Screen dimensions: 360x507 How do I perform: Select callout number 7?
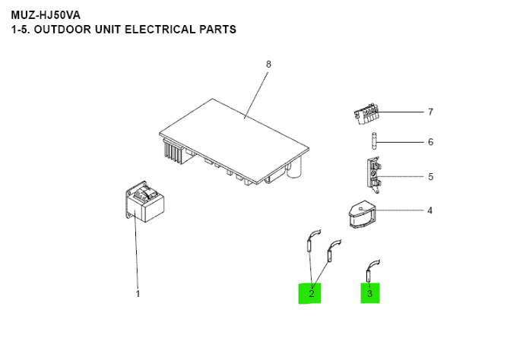[x=430, y=112]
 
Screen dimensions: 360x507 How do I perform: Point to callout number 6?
[x=430, y=142]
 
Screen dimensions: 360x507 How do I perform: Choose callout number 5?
[x=430, y=177]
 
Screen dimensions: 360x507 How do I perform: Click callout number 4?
[x=430, y=210]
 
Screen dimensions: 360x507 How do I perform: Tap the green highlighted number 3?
[x=369, y=292]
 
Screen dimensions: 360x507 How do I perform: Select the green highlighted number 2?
[x=310, y=292]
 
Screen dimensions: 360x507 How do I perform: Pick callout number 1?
[x=138, y=293]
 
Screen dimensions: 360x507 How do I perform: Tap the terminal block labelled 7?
[x=366, y=115]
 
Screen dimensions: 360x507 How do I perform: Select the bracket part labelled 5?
[x=372, y=174]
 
